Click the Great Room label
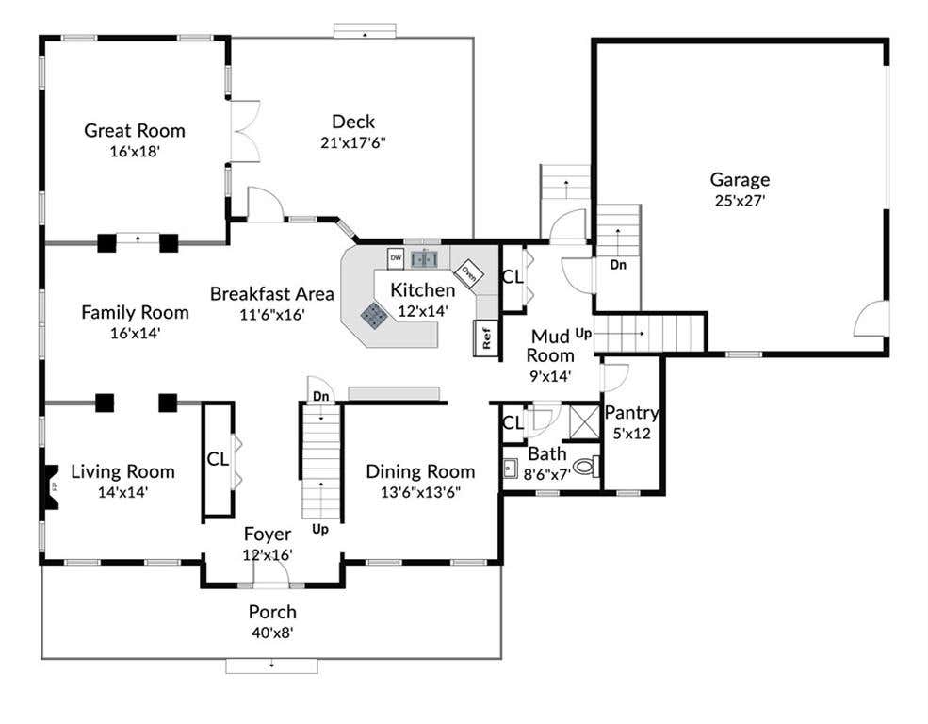135,130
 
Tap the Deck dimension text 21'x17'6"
352,142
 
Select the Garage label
740,179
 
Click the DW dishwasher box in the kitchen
396,258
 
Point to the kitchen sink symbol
424,258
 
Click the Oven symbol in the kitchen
469,273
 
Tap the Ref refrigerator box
485,338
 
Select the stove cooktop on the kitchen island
374,316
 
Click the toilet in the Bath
587,467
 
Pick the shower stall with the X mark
584,421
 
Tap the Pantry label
631,412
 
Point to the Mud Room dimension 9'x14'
550,376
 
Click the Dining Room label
420,471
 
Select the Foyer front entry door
270,572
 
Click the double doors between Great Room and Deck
245,131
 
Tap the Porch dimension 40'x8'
272,633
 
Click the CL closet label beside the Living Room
218,459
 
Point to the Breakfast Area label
271,293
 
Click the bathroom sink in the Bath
510,468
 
